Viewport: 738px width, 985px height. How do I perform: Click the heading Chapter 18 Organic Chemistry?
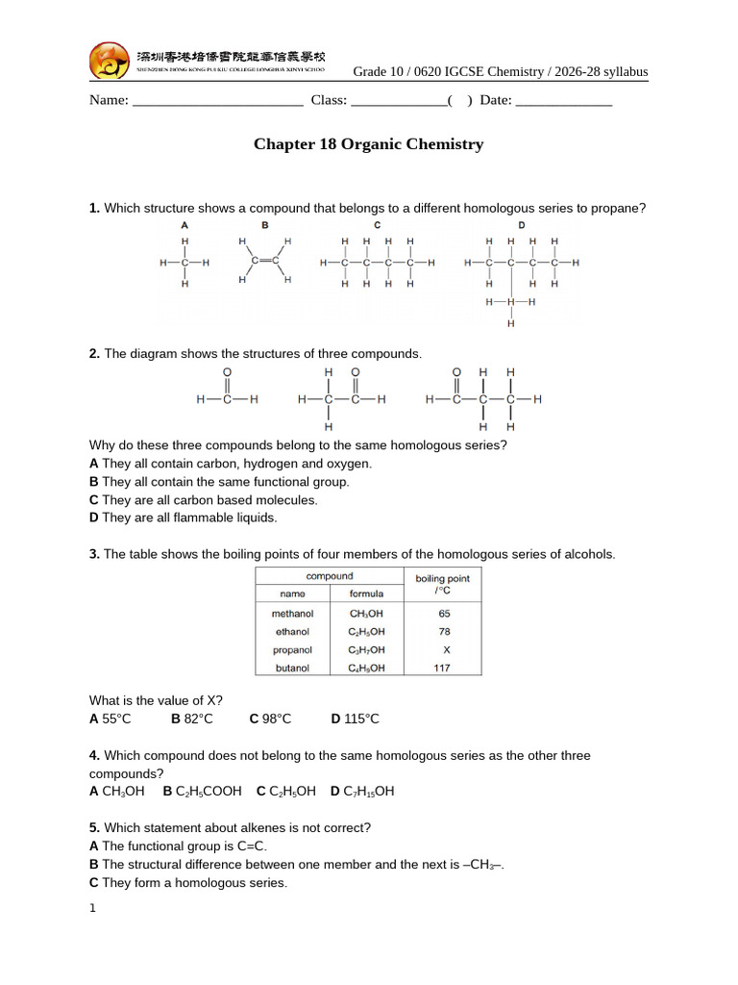[368, 144]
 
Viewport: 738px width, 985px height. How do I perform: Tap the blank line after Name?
[217, 101]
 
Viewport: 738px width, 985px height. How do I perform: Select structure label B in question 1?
[264, 225]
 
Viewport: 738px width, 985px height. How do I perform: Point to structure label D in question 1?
[522, 225]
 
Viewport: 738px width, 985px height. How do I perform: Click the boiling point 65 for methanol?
[444, 613]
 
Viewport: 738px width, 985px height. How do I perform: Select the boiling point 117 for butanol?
[442, 669]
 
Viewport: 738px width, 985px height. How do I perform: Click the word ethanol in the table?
[291, 632]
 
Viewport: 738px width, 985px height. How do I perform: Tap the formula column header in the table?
[367, 594]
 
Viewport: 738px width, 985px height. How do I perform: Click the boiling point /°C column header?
[442, 584]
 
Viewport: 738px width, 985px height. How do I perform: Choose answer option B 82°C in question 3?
[192, 719]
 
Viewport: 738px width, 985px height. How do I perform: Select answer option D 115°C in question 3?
[355, 719]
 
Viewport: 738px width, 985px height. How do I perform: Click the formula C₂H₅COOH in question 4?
[203, 792]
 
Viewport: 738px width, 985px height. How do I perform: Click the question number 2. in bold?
[94, 354]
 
